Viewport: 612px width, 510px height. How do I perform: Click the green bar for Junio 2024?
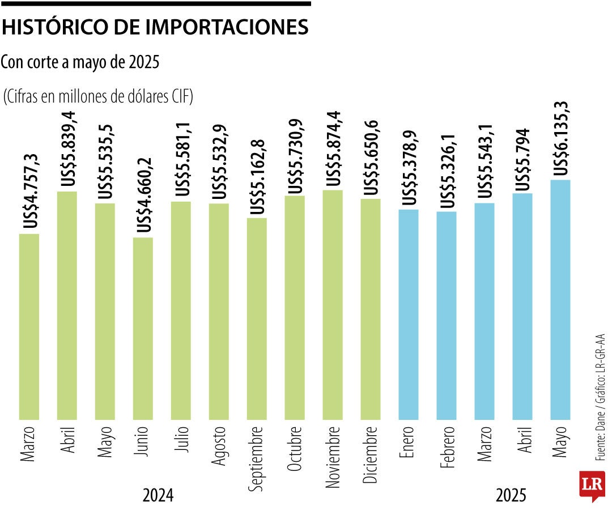143,329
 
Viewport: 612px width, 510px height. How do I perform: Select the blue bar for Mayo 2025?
560,300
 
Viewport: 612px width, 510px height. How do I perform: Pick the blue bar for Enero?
409,314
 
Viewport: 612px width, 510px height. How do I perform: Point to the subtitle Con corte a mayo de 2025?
79,63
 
